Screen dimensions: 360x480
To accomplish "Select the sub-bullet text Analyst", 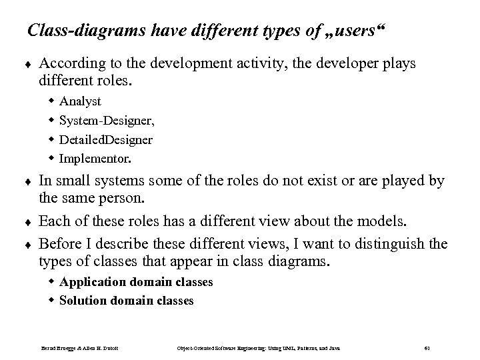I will tap(80, 101).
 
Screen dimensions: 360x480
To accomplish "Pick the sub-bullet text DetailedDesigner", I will tap(106, 140).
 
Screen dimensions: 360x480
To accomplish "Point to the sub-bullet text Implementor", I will tap(95, 159).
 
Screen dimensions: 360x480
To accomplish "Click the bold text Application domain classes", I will tap(136, 282).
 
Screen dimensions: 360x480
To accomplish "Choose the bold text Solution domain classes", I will tap(127, 301).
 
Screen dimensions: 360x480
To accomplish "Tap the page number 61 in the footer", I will tap(427, 347).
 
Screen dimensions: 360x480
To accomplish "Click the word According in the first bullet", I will tap(67, 63).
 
